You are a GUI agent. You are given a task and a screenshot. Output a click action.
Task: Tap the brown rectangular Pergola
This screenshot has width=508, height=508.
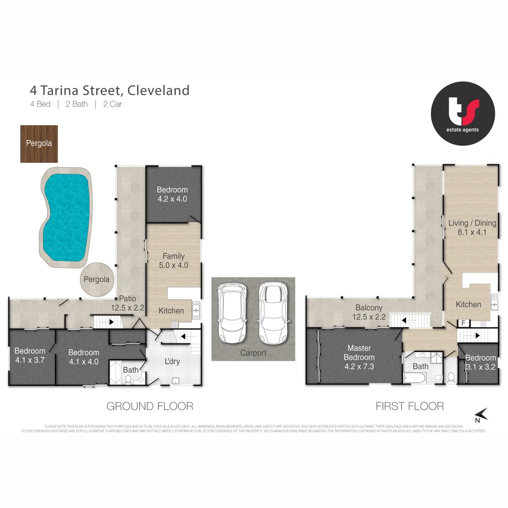point(39,144)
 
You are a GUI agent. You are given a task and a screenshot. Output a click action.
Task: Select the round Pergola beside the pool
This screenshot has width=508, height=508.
point(96,279)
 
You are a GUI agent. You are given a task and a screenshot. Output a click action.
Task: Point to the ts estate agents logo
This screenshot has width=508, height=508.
point(463,113)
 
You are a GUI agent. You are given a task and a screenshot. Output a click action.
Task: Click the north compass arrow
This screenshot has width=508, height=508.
point(481,414)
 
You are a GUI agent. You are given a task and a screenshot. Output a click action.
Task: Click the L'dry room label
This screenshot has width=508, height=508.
point(172,362)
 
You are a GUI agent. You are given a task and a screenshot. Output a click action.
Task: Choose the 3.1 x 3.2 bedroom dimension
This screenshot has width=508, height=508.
point(480,367)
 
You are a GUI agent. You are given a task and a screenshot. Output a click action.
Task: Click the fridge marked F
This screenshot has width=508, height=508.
point(463,324)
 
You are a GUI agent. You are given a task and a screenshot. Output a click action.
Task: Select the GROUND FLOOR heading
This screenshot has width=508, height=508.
point(150,406)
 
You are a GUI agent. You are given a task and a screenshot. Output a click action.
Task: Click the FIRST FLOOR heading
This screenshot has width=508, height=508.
point(409,406)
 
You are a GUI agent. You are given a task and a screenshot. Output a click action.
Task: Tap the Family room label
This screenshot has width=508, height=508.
point(174,256)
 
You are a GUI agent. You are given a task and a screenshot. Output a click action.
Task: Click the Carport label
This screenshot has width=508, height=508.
point(253,353)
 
